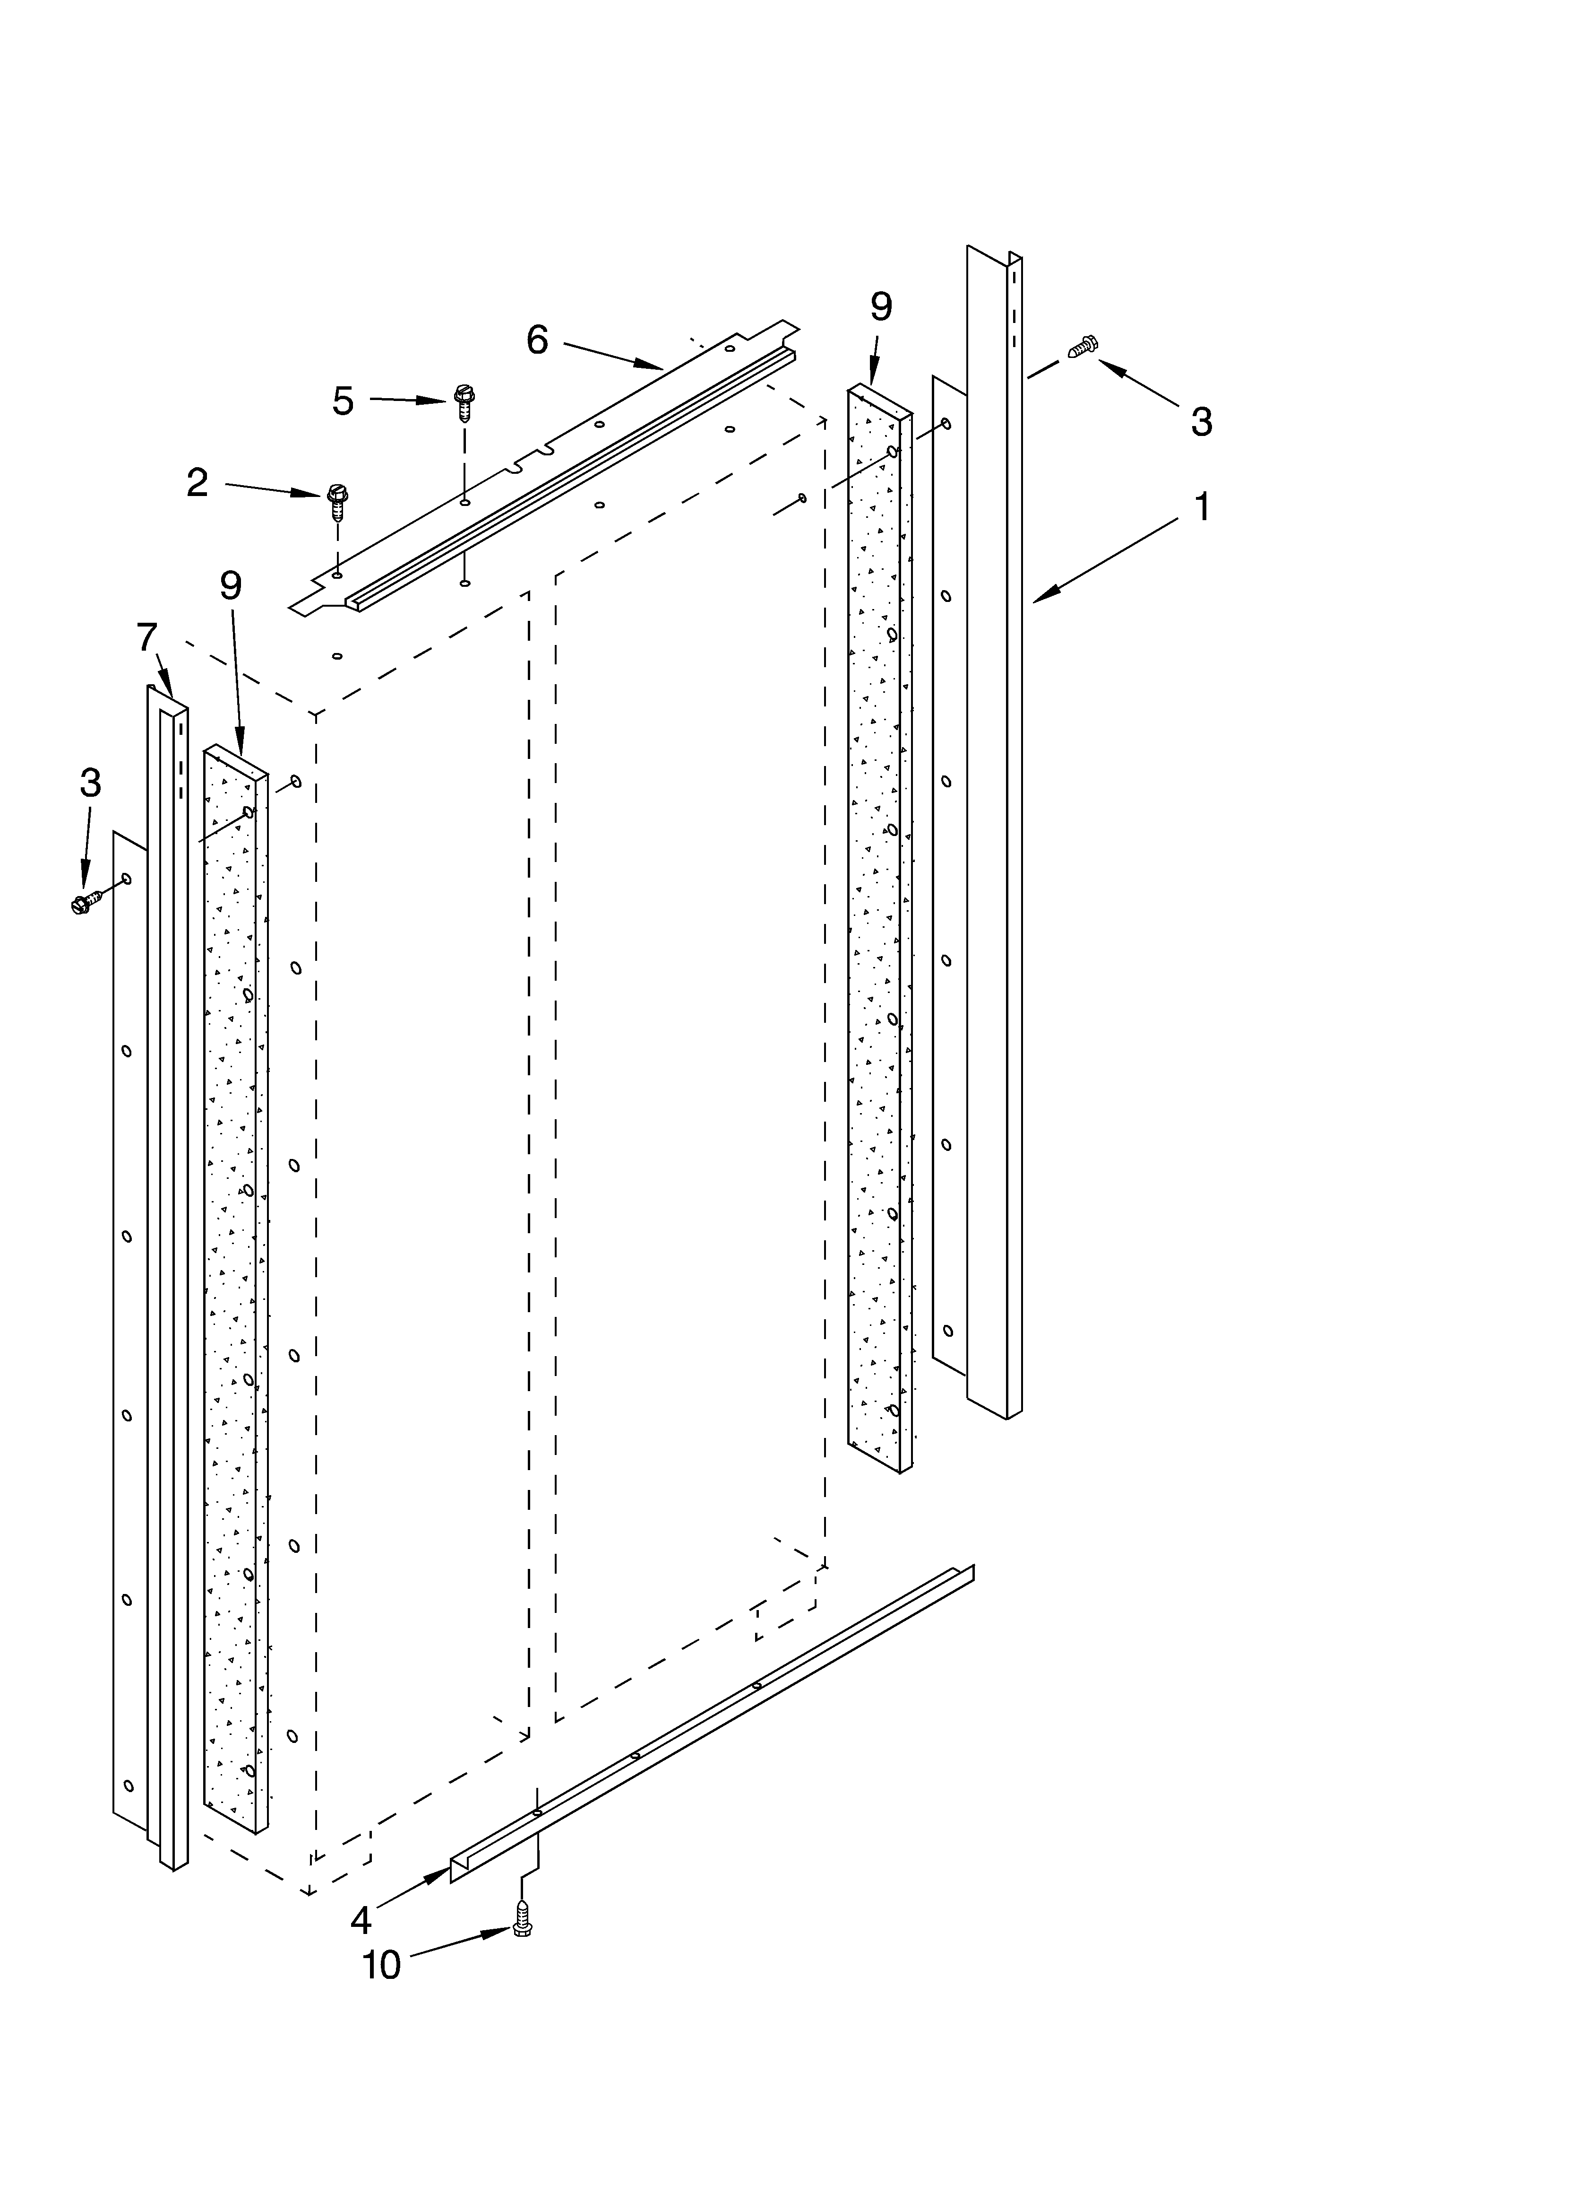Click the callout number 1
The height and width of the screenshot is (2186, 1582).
(x=1202, y=506)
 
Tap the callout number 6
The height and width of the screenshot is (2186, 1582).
(x=537, y=340)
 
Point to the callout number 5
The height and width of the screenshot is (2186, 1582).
(x=343, y=400)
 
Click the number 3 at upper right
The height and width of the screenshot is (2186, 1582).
(x=1201, y=421)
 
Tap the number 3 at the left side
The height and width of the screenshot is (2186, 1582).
(x=90, y=783)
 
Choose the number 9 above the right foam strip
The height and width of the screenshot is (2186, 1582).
(x=881, y=306)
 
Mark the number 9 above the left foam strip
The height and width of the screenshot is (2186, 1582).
(x=230, y=585)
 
